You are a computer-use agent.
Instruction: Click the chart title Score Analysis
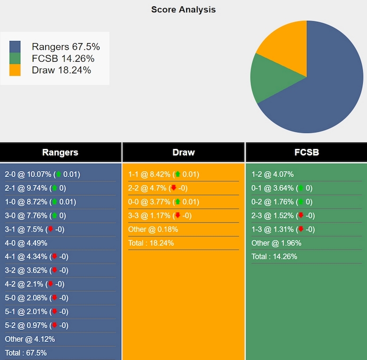pyautogui.click(x=183, y=10)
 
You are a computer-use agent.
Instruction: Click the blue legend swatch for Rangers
pyautogui.click(x=15, y=47)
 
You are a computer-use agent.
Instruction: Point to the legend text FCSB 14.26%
pyautogui.click(x=63, y=58)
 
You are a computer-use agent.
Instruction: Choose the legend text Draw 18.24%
pyautogui.click(x=61, y=70)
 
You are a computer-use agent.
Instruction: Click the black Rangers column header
pyautogui.click(x=60, y=152)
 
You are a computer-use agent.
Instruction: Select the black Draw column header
pyautogui.click(x=183, y=152)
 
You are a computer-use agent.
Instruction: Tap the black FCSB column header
pyautogui.click(x=306, y=152)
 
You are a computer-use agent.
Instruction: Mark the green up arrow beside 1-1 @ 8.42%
pyautogui.click(x=177, y=174)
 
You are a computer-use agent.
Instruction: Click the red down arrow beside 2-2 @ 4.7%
pyautogui.click(x=173, y=188)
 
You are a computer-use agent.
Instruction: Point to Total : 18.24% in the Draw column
pyautogui.click(x=151, y=243)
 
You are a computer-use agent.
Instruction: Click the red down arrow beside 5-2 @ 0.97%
pyautogui.click(x=54, y=325)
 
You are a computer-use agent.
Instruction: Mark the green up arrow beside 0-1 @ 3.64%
pyautogui.click(x=301, y=188)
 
